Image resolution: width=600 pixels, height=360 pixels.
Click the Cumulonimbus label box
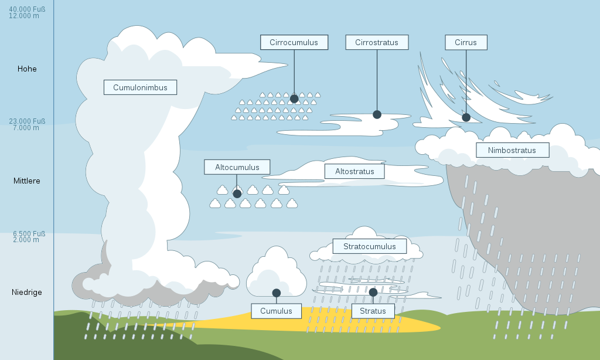tap(140, 87)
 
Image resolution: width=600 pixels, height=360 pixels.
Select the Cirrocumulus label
tap(294, 42)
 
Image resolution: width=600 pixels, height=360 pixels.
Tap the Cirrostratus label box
tap(377, 42)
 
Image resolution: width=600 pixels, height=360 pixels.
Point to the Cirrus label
tap(466, 42)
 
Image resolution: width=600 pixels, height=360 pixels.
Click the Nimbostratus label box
tap(512, 150)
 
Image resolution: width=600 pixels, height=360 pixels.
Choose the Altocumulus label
tap(237, 167)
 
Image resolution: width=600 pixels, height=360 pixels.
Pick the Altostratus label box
tap(354, 171)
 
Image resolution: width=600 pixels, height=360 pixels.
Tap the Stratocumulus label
tap(369, 246)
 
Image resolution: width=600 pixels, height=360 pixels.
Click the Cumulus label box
tap(276, 311)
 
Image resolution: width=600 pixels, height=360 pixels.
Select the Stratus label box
tap(373, 311)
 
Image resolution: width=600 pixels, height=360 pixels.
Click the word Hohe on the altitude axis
tap(27, 69)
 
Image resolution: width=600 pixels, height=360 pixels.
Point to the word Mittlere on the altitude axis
tap(27, 181)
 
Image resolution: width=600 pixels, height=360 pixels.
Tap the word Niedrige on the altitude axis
tap(27, 292)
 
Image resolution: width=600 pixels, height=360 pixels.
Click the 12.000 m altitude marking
tap(24, 16)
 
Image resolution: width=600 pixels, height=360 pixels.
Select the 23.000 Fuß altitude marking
tap(27, 121)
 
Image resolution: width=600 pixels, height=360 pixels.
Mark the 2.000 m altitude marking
tap(26, 239)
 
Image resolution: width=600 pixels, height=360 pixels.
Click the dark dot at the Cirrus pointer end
tap(466, 117)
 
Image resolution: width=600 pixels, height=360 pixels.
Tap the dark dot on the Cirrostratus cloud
tap(377, 114)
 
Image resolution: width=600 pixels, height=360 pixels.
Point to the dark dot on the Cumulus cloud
tap(276, 293)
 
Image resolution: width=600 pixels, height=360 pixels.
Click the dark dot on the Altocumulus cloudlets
tap(237, 193)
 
